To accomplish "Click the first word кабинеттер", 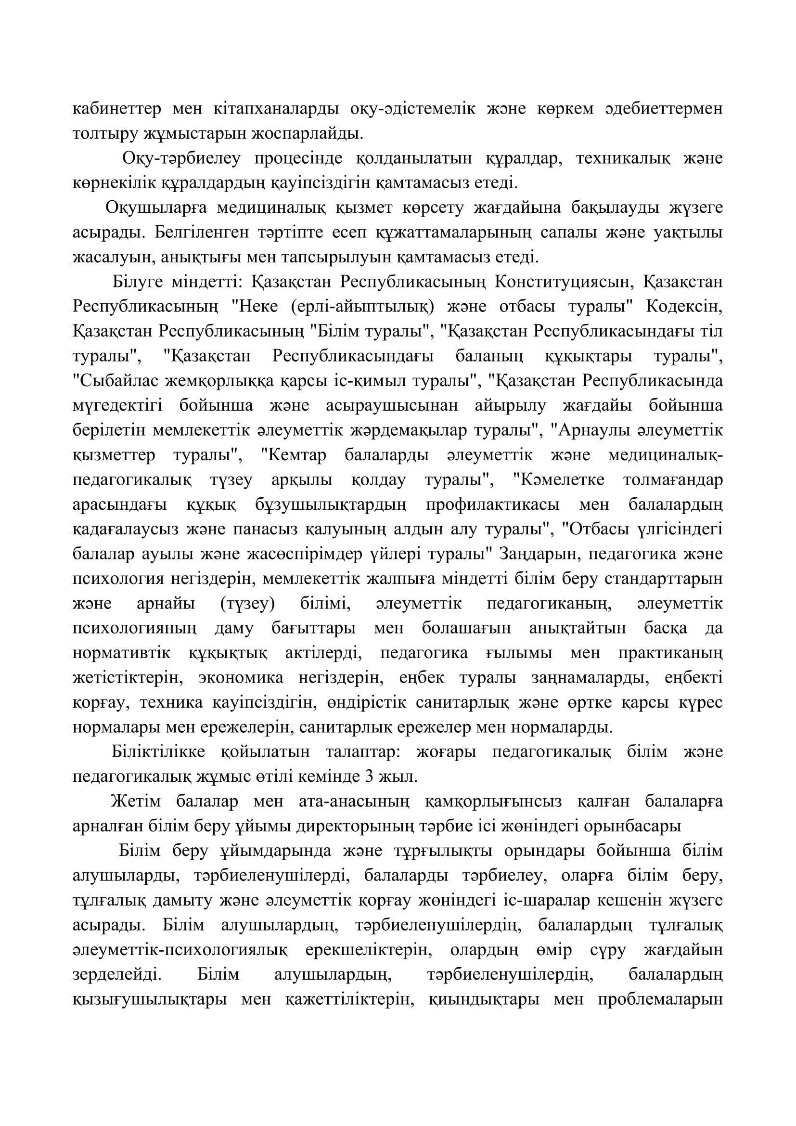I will point(116,108).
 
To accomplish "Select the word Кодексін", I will point(684,307).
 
